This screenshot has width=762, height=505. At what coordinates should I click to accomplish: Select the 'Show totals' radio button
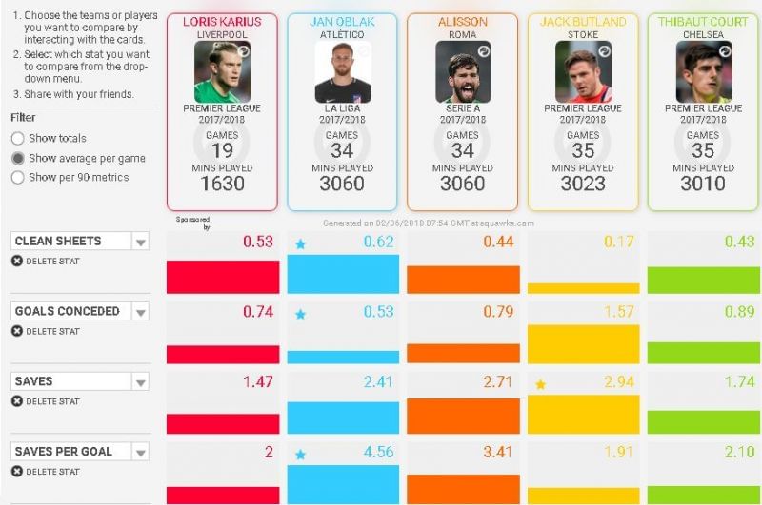[x=18, y=139]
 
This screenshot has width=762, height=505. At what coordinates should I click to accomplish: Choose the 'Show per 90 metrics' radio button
[x=18, y=178]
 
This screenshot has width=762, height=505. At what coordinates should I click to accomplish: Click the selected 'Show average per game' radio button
[x=18, y=159]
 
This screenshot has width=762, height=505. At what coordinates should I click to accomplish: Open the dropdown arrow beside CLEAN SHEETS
[x=141, y=242]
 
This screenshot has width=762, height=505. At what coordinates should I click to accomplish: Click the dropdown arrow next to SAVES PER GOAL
[x=141, y=452]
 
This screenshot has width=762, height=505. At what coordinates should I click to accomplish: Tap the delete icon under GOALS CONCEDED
[x=17, y=332]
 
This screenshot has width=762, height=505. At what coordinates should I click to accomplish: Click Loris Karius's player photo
[x=222, y=72]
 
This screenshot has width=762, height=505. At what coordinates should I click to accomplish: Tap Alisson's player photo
[x=463, y=72]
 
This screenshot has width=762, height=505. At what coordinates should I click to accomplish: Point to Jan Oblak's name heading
[x=342, y=22]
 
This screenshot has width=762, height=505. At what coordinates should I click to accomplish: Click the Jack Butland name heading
[x=583, y=22]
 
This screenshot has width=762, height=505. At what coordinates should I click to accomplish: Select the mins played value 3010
[x=703, y=185]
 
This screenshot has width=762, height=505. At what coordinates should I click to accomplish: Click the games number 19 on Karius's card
[x=222, y=150]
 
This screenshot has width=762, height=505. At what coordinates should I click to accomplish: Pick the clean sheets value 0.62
[x=378, y=242]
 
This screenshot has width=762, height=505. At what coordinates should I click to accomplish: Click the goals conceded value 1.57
[x=619, y=312]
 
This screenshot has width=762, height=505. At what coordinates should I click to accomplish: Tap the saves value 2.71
[x=499, y=381]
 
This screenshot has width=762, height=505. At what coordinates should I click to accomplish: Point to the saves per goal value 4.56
[x=378, y=452]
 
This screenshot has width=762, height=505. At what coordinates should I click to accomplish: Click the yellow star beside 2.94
[x=541, y=384]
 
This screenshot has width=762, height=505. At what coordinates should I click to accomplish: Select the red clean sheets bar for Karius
[x=223, y=277]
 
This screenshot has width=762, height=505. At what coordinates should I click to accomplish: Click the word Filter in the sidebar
[x=23, y=118]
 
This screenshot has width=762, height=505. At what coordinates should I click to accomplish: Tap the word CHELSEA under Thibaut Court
[x=703, y=35]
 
